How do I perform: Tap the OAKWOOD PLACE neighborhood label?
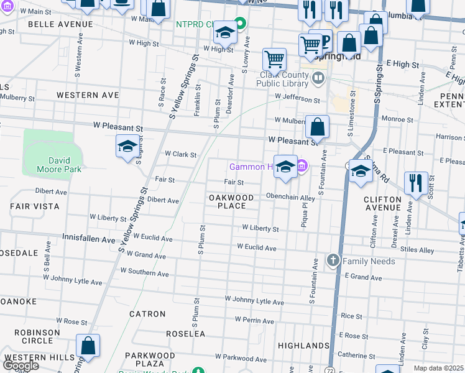point(231,201)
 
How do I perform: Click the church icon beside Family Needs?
point(333,260)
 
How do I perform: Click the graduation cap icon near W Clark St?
point(127,147)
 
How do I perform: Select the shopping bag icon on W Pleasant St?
point(317,127)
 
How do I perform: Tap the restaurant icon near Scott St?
point(415,183)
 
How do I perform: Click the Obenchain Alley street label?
point(291,198)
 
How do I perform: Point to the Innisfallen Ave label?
point(89,239)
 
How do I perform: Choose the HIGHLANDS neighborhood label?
point(303,345)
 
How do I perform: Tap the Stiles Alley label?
point(417,251)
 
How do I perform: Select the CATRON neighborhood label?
point(147,314)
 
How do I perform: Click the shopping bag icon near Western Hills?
point(88,346)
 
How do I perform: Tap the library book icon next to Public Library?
point(318,78)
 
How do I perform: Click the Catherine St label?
point(356,356)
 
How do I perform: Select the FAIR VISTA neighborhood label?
point(35,206)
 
